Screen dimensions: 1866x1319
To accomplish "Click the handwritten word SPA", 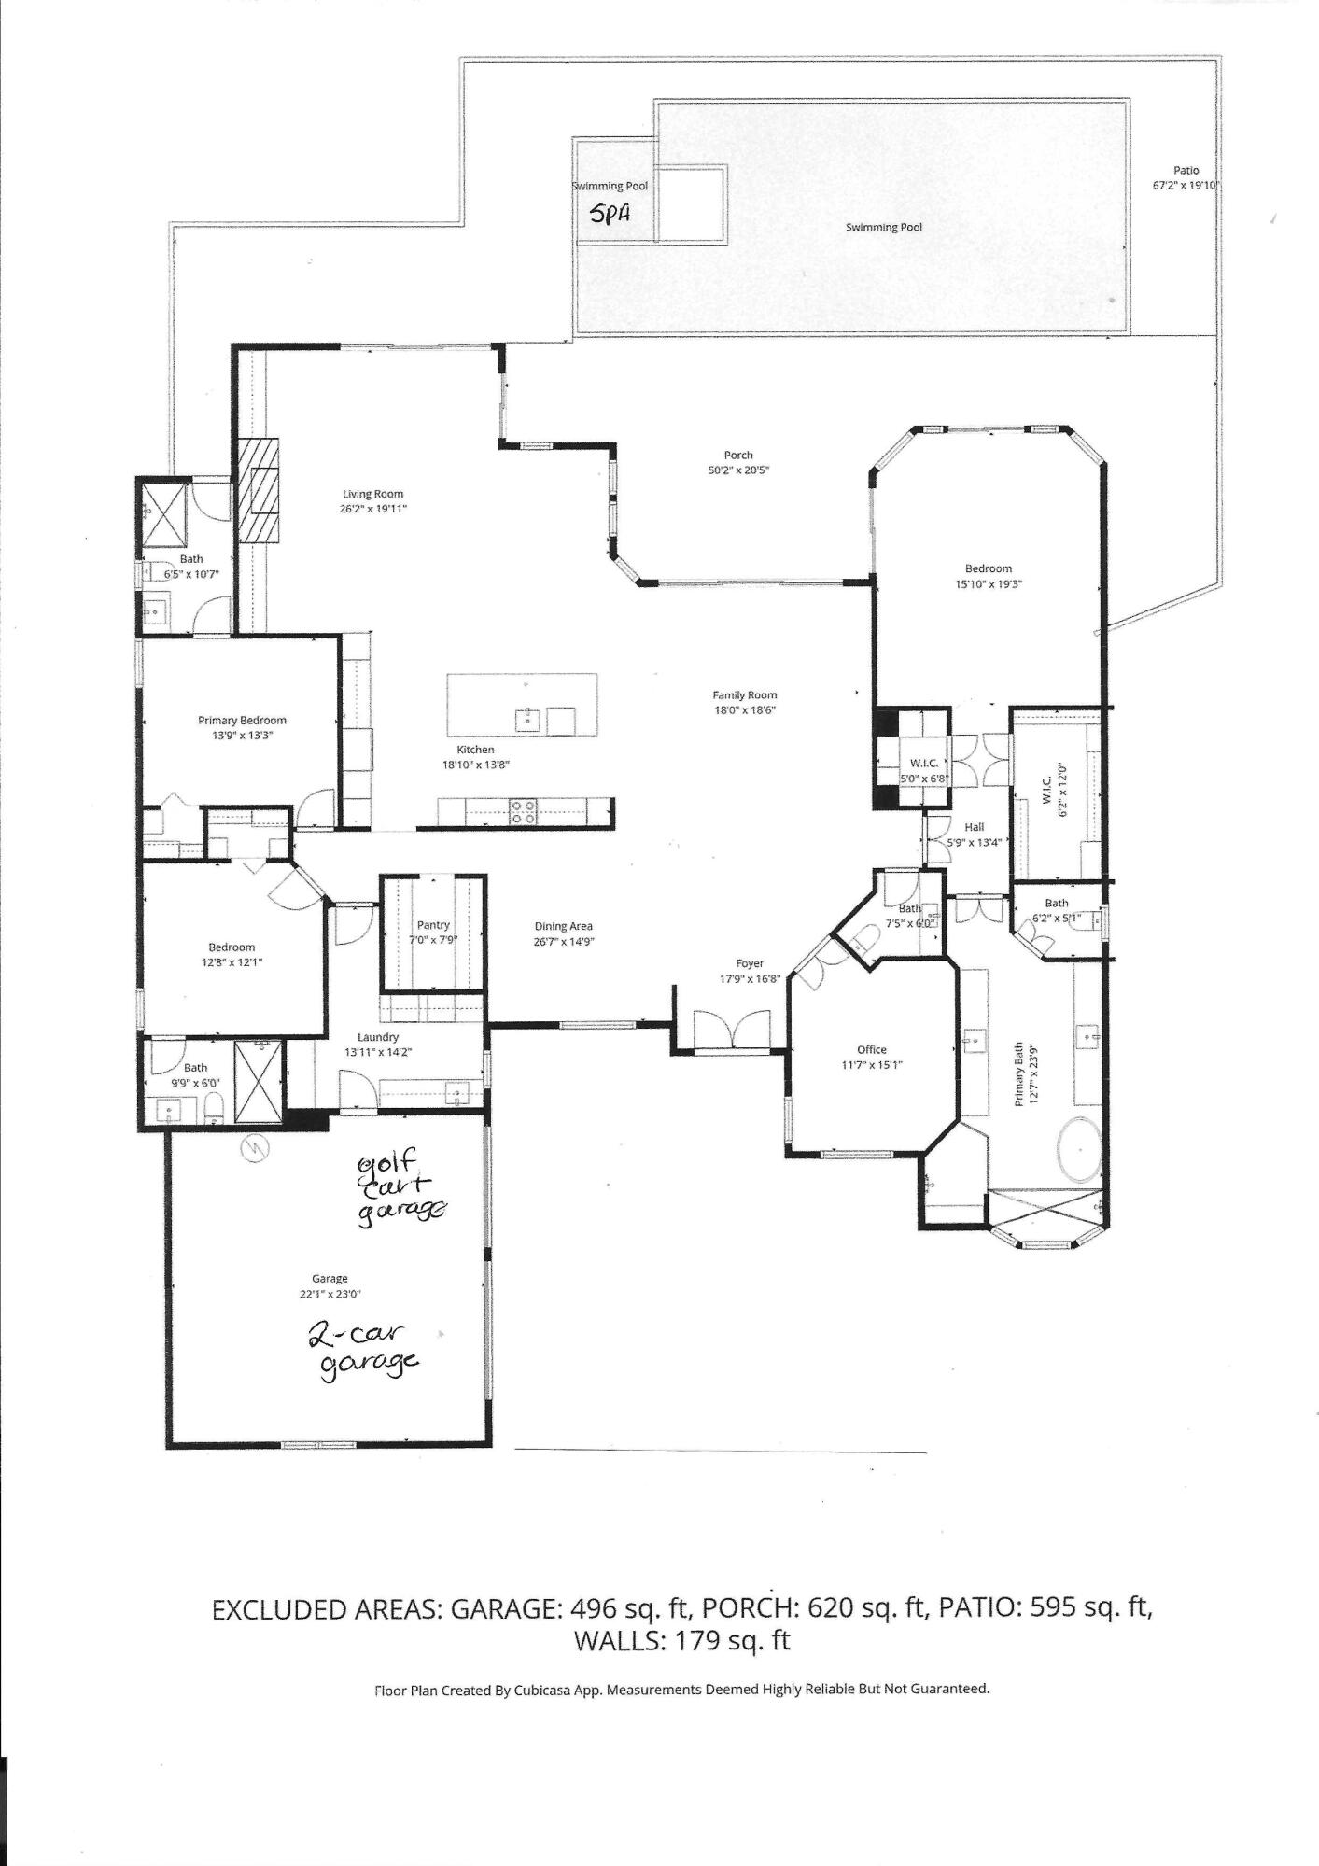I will click(610, 214).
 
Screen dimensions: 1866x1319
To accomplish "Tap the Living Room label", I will click(372, 494).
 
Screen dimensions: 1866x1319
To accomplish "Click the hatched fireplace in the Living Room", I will click(258, 489).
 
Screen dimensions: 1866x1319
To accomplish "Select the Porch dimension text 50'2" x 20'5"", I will click(737, 470).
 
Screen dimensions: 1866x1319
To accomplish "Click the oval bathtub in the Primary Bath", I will click(1081, 1148).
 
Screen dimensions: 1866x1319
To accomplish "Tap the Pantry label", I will click(433, 924).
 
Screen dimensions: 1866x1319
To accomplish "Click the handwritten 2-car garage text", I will click(366, 1350).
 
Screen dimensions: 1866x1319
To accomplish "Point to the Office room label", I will click(872, 1049).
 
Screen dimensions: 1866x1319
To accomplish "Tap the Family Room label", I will click(744, 694).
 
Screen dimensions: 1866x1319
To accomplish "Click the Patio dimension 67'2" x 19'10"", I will click(1186, 185).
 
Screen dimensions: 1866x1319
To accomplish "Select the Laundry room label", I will click(378, 1037).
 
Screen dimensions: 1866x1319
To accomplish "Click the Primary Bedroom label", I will click(242, 720).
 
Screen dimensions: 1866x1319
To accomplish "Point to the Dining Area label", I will click(563, 926).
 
